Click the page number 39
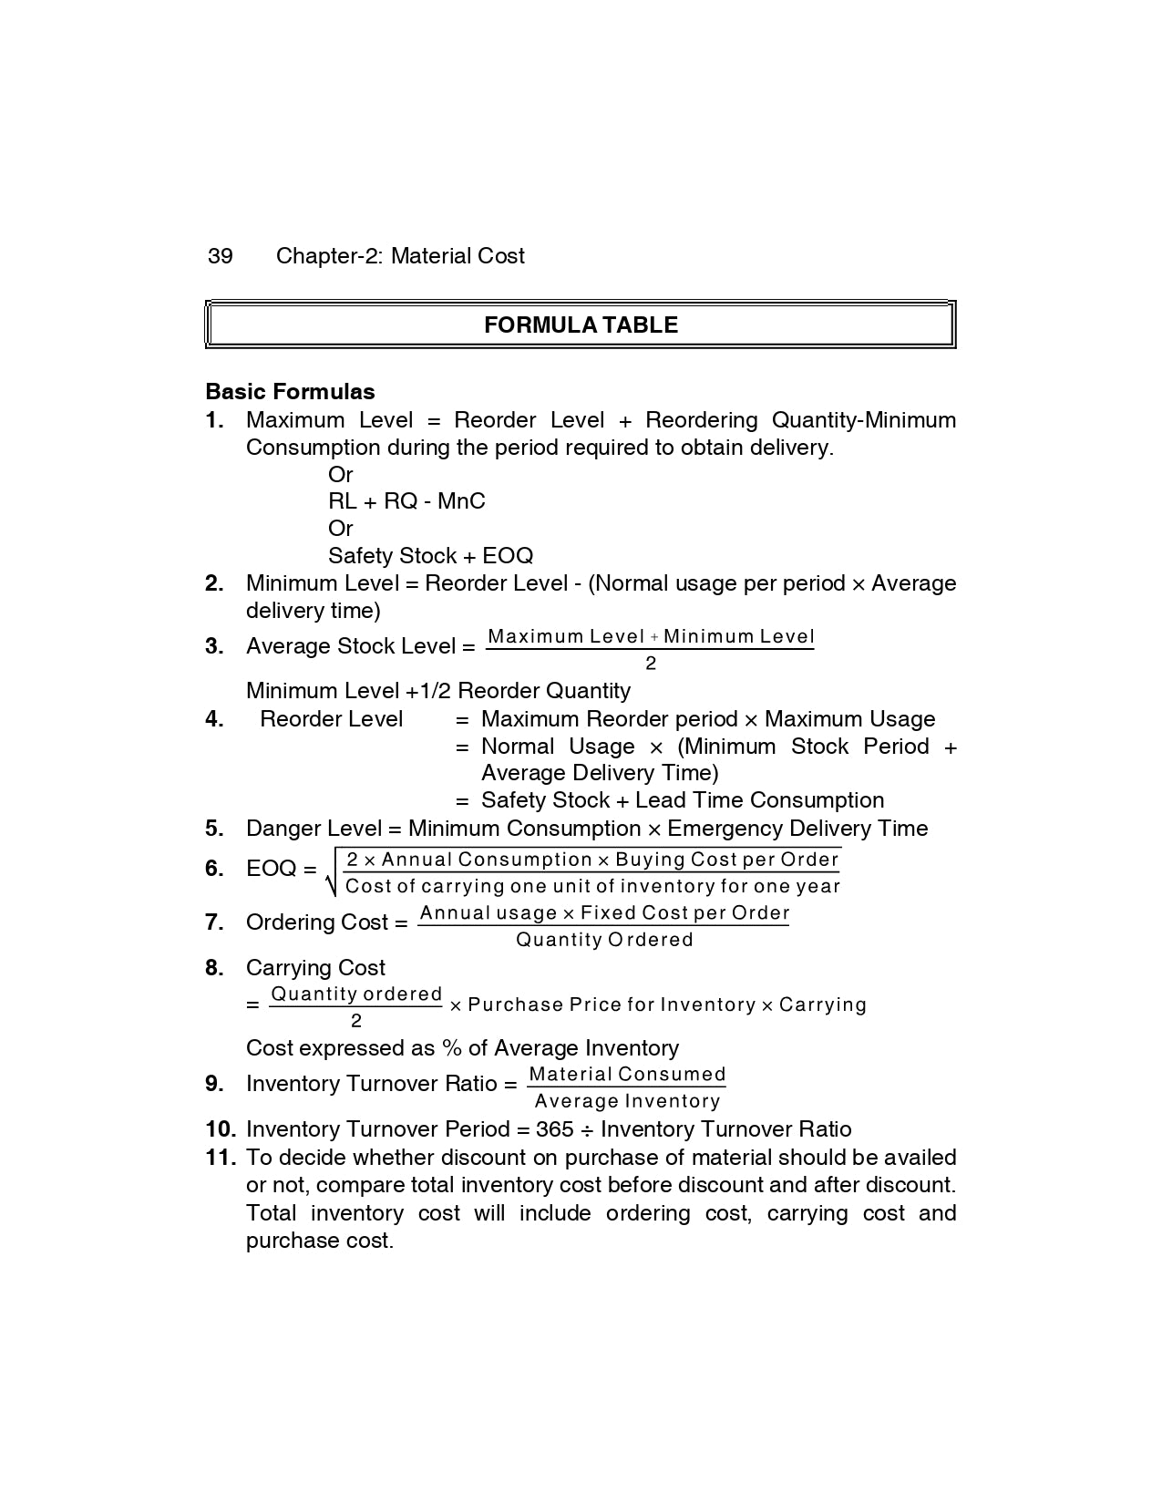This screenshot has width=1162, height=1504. click(x=221, y=256)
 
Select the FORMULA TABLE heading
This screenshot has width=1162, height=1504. click(x=581, y=325)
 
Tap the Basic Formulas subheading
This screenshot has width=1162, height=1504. click(x=290, y=392)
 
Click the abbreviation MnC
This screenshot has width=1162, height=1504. click(x=461, y=501)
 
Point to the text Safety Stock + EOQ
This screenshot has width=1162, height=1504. click(x=430, y=556)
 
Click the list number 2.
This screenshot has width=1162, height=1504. click(x=214, y=583)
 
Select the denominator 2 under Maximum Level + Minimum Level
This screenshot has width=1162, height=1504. click(x=650, y=664)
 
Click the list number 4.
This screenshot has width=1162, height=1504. click(x=214, y=719)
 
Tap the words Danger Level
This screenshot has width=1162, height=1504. click(x=314, y=829)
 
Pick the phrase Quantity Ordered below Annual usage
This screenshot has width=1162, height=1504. click(x=604, y=940)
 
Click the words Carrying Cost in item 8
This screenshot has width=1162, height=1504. click(x=315, y=968)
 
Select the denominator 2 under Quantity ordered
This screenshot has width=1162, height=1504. click(x=355, y=1021)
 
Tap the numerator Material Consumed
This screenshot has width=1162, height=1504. click(x=627, y=1075)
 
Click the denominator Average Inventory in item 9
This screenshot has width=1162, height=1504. click(x=627, y=1101)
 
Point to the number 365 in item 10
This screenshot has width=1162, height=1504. click(x=554, y=1129)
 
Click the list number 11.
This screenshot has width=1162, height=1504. click(x=221, y=1158)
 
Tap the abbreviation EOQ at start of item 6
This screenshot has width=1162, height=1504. click(x=271, y=869)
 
